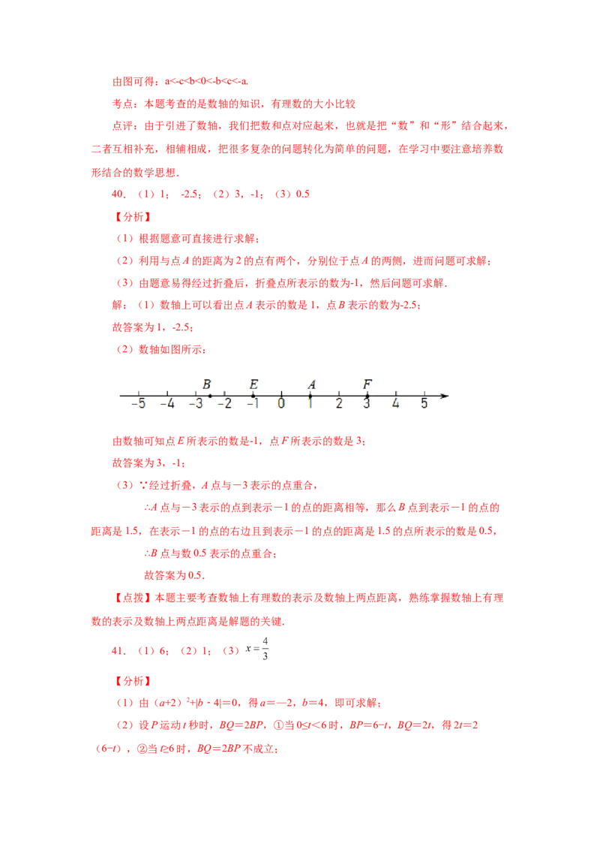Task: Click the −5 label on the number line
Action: point(137,404)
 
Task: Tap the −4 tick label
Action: point(166,404)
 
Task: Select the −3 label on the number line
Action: point(195,404)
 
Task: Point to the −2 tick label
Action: point(223,404)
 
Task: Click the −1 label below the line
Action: point(252,404)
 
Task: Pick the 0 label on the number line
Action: point(281,404)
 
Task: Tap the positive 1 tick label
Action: point(310,404)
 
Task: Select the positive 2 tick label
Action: point(338,404)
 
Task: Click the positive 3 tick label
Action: point(367,404)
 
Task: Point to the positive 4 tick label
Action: point(395,404)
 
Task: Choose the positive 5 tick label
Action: point(424,404)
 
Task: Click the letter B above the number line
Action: point(206,384)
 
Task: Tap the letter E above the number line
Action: point(253,384)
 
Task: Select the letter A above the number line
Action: point(311,384)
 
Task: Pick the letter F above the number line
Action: point(367,384)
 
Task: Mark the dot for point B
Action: point(210,396)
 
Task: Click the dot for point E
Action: point(253,396)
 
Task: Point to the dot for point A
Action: point(310,396)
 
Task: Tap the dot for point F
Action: point(367,396)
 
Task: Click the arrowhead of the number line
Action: point(445,396)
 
